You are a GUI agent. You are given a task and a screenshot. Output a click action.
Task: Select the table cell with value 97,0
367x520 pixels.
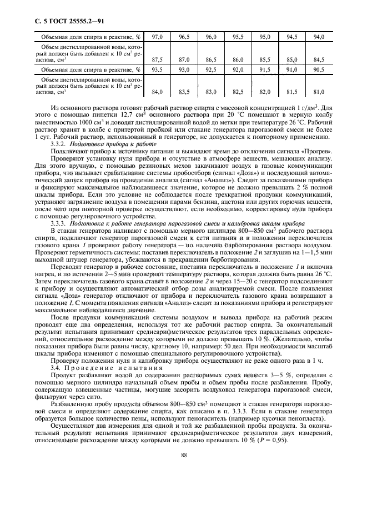pyautogui.click(x=157, y=37)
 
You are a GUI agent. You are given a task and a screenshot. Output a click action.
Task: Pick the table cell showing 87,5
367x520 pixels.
pyautogui.click(x=157, y=59)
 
